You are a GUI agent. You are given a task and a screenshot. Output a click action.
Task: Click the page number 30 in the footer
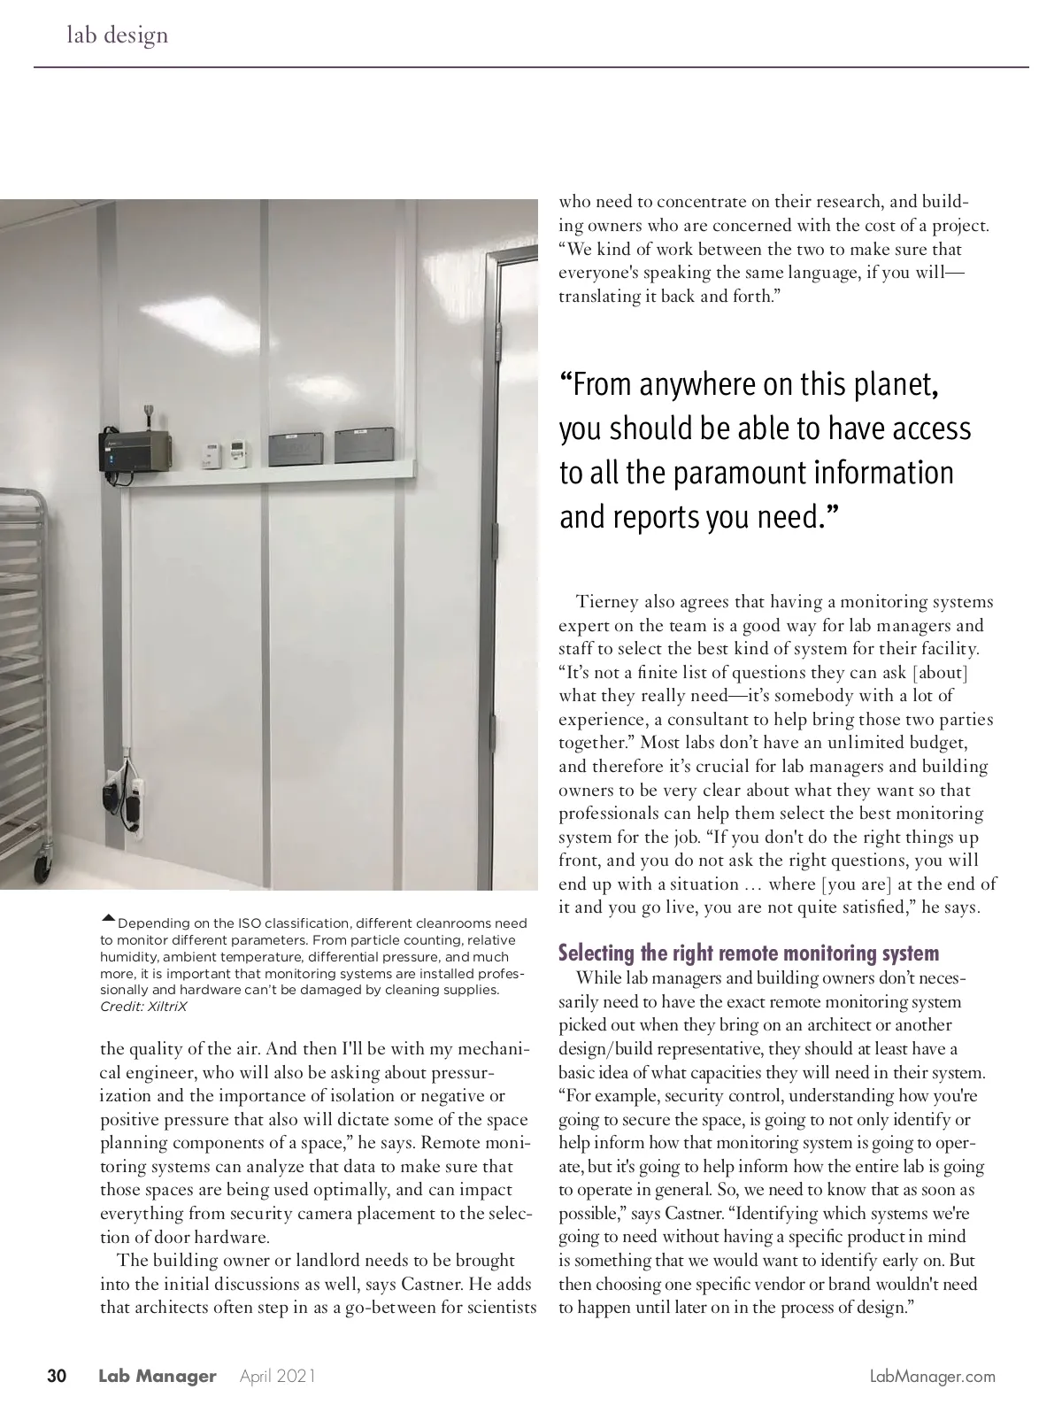pos(57,1377)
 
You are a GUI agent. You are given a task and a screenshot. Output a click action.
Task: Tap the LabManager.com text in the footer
pos(933,1377)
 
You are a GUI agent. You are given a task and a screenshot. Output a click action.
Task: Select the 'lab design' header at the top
pos(117,35)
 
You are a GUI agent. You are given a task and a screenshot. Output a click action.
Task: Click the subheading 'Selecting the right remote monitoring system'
pos(748,953)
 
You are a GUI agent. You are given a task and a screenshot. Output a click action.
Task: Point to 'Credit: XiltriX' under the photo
pos(143,1007)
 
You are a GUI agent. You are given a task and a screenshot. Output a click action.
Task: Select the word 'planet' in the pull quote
pos(891,384)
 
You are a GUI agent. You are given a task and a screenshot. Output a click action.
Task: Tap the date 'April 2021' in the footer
pos(277,1377)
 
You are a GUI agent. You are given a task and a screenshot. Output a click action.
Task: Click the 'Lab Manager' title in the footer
pos(157,1377)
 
